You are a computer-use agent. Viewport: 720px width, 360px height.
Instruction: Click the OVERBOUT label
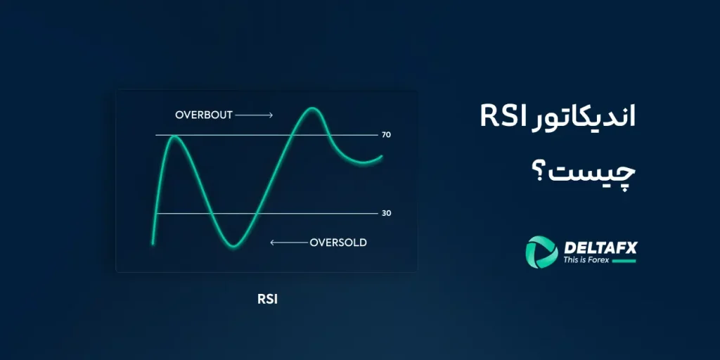[204, 115]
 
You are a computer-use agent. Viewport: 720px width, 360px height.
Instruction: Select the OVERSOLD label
[338, 243]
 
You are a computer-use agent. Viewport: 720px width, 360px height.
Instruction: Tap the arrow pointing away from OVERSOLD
[288, 243]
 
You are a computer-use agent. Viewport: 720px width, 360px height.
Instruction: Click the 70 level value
[386, 134]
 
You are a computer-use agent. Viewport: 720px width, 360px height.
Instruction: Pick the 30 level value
[386, 213]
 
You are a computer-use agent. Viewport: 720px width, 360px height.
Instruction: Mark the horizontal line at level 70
[267, 134]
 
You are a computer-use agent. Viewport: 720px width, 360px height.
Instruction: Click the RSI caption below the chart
[267, 299]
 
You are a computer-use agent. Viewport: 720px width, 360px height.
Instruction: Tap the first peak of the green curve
[174, 136]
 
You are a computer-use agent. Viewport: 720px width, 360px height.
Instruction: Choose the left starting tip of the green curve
[153, 243]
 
